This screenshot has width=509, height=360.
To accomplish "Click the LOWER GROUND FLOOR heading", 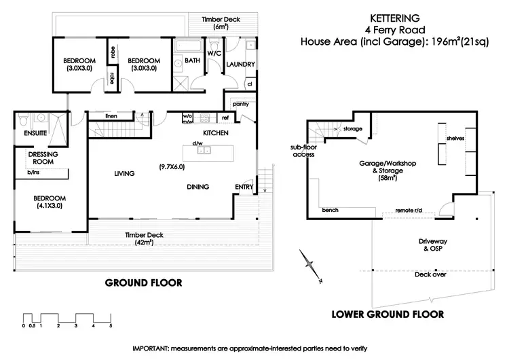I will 387,314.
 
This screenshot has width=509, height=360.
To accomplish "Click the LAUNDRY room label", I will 241,65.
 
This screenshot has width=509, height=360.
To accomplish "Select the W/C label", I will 214,52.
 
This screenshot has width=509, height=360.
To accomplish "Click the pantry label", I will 241,104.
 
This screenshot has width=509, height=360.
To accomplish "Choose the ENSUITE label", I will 35,134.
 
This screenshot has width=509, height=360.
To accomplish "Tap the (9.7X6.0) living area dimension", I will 172,166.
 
